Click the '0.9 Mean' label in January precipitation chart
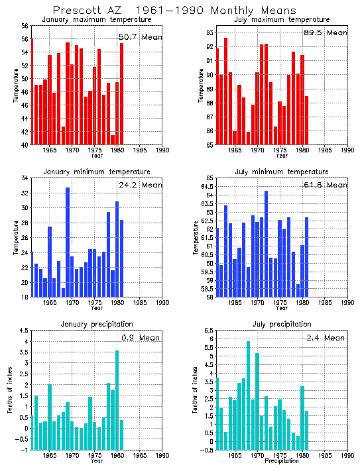[141, 337]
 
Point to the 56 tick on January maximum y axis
[24, 26]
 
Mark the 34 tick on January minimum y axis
[24, 178]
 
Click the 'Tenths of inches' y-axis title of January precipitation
[10, 391]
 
